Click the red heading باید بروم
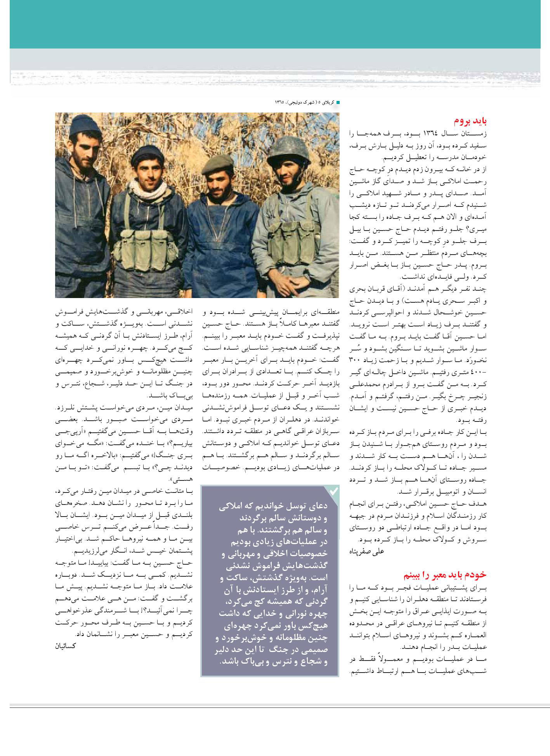[470, 121]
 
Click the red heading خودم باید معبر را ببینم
[444, 574]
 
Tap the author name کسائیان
[64, 646]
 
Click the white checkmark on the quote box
[333, 491]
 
